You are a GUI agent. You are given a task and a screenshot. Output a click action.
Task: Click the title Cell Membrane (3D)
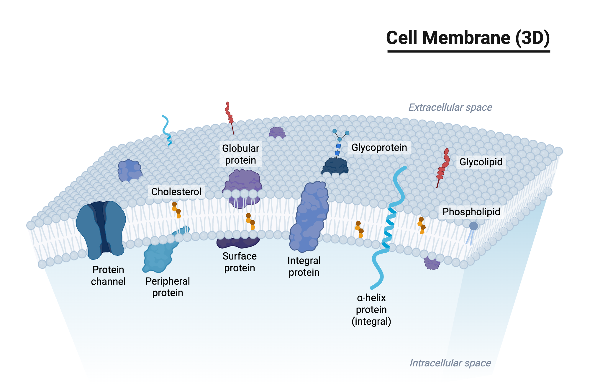[x=468, y=38]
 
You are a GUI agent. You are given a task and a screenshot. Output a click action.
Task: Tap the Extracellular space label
[x=450, y=107]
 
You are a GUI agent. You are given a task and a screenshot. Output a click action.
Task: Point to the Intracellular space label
[x=450, y=363]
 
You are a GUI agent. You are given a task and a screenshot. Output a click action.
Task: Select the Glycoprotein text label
[x=379, y=147]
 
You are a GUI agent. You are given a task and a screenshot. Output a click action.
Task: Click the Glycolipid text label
[x=481, y=162]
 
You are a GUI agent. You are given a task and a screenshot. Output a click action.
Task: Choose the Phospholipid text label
[x=471, y=212]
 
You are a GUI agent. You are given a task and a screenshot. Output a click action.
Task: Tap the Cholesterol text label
[x=176, y=192]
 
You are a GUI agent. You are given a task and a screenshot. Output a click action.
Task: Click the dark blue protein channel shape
[x=101, y=229]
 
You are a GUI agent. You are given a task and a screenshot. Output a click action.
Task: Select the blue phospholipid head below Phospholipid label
[x=473, y=226]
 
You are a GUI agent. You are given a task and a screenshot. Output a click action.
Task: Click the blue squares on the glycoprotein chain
[x=338, y=149]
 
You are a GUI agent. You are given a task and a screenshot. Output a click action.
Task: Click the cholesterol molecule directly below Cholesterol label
[x=176, y=210]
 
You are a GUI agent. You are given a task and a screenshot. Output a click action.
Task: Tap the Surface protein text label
[x=239, y=262]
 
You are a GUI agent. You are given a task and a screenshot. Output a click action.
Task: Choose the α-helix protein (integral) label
[x=371, y=309]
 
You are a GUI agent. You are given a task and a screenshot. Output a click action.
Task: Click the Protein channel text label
[x=108, y=275]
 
